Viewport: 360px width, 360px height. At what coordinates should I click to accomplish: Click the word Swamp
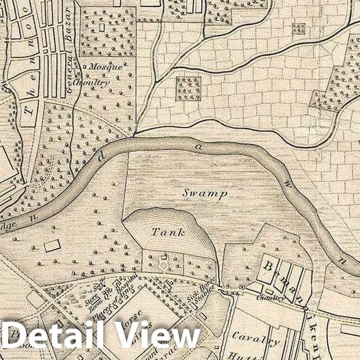[x=204, y=193]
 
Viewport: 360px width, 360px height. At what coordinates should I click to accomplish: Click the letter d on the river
[x=100, y=158]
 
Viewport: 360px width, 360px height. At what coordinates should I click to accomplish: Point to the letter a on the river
[x=199, y=145]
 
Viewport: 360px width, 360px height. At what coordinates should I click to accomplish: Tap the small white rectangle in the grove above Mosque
[x=102, y=29]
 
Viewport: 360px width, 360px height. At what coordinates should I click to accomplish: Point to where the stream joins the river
[x=133, y=135]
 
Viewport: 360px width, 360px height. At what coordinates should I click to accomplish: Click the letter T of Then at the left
[x=28, y=110]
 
